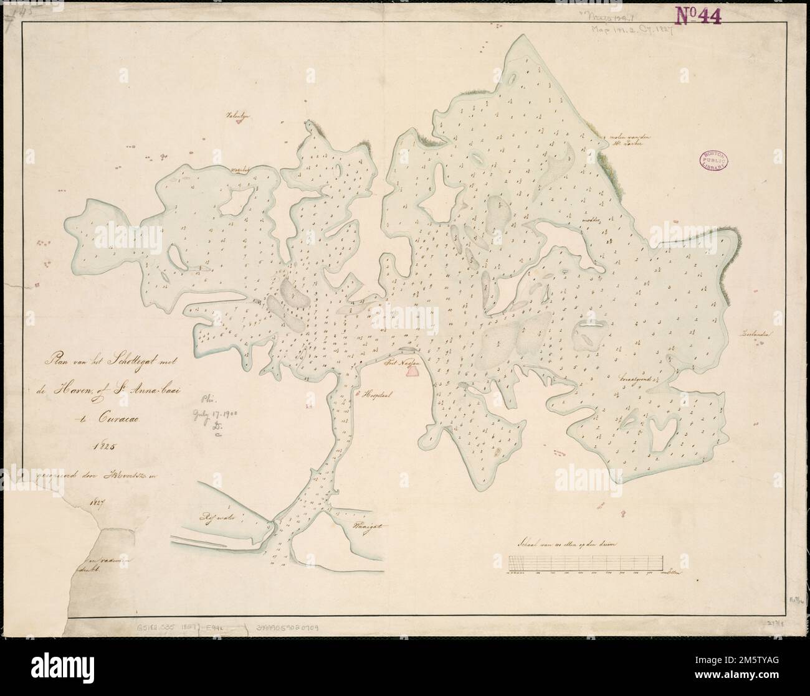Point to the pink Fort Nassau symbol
pyautogui.click(x=412, y=371)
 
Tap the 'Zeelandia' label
pyautogui.click(x=756, y=334)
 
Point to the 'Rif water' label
pyautogui.click(x=215, y=515)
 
